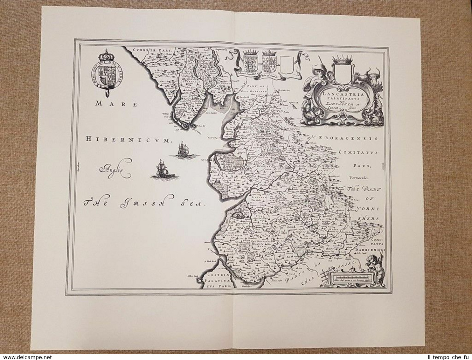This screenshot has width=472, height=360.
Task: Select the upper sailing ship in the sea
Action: tap(182, 149)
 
